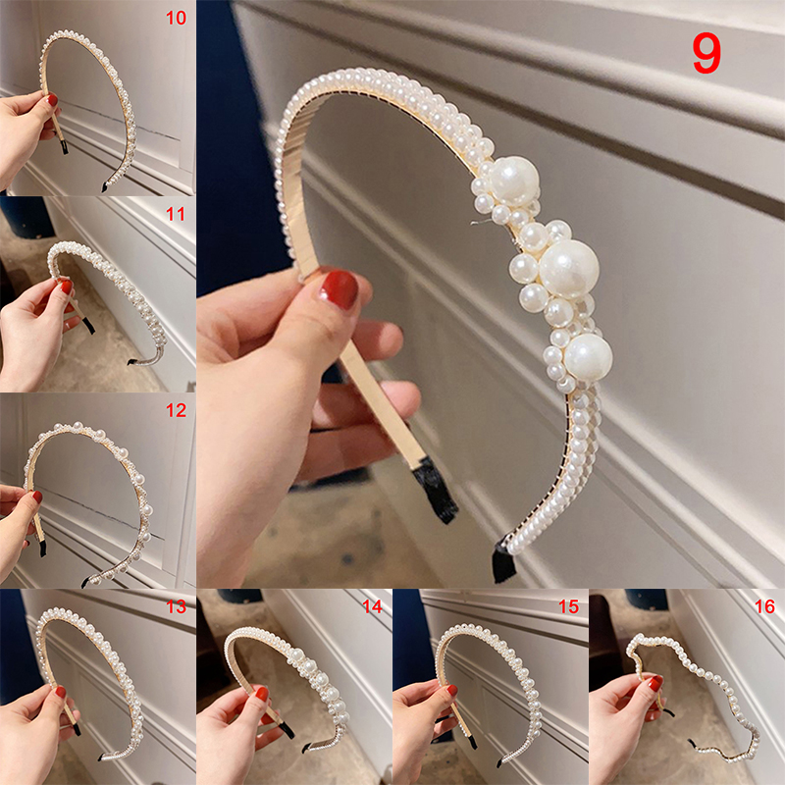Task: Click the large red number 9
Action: tap(706, 54)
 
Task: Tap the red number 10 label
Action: tap(176, 18)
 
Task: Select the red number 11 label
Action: tap(176, 214)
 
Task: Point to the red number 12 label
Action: tap(176, 410)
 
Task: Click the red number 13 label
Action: tap(176, 606)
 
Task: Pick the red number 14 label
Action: tap(372, 606)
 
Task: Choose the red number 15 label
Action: tap(568, 606)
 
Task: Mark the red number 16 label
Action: tap(764, 606)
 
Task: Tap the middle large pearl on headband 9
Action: tap(569, 269)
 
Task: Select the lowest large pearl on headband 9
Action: tap(588, 357)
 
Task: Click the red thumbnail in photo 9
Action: tap(338, 288)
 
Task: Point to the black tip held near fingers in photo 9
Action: tap(435, 489)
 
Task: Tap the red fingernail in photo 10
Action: tap(53, 100)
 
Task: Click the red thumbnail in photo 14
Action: tap(262, 694)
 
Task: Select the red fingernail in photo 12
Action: tap(37, 497)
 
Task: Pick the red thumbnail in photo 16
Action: tap(655, 683)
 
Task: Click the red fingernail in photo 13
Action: tap(61, 693)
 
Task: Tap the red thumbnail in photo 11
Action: tap(67, 287)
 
